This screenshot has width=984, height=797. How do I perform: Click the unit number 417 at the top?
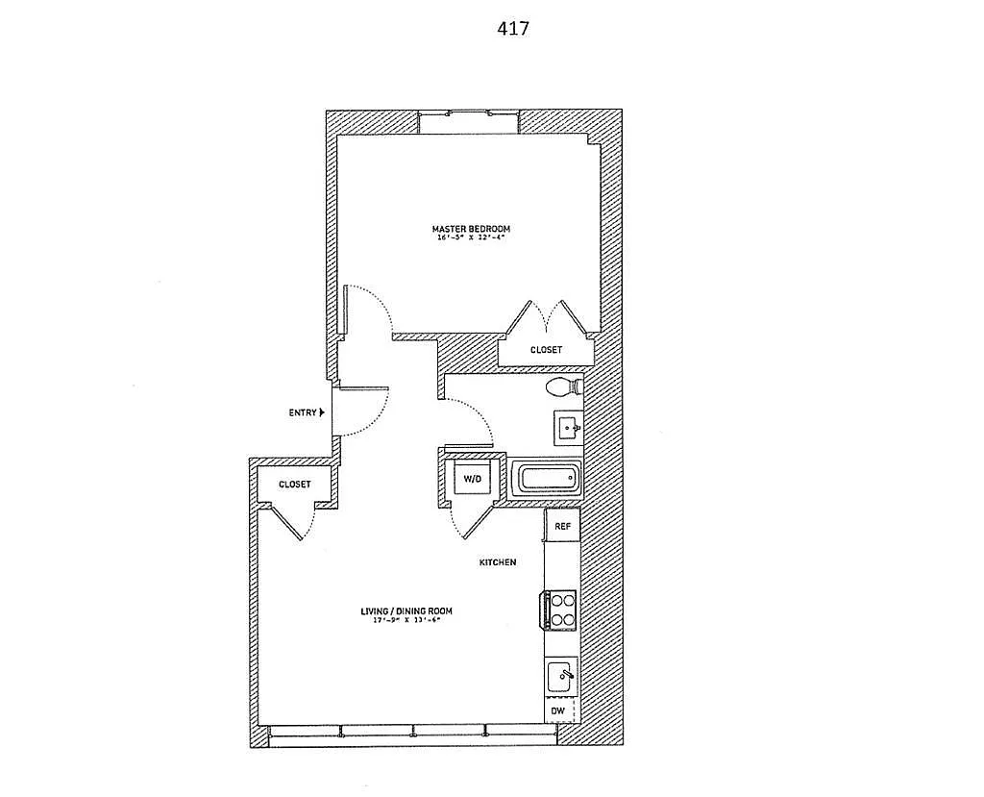(x=512, y=29)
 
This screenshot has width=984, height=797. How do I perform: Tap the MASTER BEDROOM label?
(x=471, y=228)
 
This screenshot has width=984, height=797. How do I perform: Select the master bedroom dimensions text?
(x=471, y=237)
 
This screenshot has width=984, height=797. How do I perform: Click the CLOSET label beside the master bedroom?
(x=546, y=350)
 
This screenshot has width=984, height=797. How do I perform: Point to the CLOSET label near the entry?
(x=294, y=485)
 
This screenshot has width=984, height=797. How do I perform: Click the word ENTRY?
(x=303, y=412)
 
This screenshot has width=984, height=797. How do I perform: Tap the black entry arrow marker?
(x=322, y=412)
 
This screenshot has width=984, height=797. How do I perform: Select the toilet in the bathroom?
(x=562, y=387)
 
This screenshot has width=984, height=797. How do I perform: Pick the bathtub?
(x=546, y=478)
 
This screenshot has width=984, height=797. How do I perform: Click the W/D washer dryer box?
(x=472, y=478)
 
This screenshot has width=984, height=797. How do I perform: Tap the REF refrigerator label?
(x=562, y=526)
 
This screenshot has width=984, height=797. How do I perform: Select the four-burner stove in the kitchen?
(x=561, y=609)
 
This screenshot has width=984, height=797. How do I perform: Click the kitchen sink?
(x=561, y=677)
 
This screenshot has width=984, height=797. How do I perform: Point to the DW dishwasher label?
(x=558, y=712)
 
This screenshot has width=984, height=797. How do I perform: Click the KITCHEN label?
(x=499, y=562)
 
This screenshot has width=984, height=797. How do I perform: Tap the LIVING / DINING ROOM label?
(x=406, y=610)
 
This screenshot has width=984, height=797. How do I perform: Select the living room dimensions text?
(x=406, y=620)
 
